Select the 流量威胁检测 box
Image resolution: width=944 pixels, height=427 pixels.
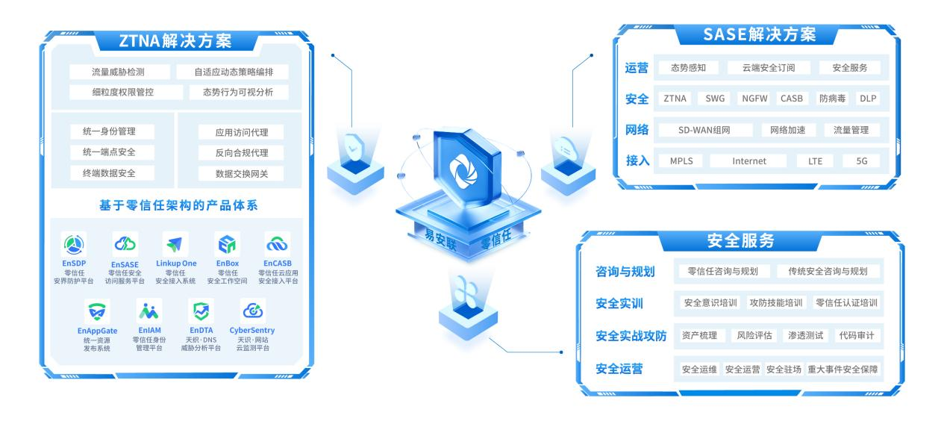[118, 72]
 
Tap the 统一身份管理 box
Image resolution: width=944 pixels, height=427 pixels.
[108, 132]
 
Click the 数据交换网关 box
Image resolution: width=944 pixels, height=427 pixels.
[242, 173]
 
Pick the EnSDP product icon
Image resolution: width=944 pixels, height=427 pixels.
[74, 244]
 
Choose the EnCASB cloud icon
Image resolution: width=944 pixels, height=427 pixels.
[278, 244]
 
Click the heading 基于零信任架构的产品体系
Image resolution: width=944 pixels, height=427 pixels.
[178, 205]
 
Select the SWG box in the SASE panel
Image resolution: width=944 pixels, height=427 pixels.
[715, 99]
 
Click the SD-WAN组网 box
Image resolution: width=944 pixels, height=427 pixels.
[704, 130]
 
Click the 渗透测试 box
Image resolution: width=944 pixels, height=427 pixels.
[806, 335]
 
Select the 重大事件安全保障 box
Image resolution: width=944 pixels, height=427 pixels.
[843, 369]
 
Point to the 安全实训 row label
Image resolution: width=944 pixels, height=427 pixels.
[619, 304]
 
